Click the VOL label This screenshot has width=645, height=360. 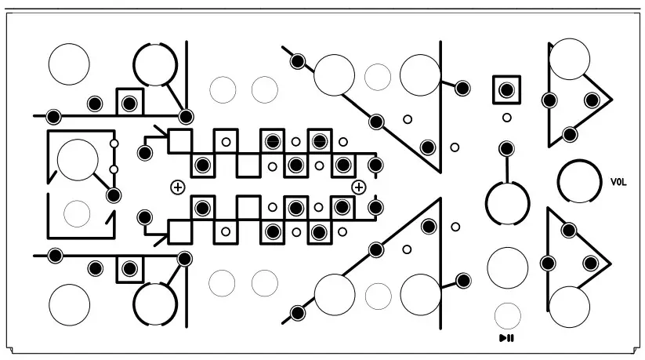pos(619,182)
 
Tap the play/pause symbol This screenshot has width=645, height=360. pos(507,338)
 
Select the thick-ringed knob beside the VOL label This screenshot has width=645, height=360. pos(578,181)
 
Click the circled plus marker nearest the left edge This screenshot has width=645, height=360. pos(178,187)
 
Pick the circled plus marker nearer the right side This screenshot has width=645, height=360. pos(359,187)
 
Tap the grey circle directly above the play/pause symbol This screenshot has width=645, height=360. pos(507,315)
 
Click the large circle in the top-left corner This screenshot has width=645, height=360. pos(69,64)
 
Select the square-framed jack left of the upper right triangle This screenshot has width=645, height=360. pos(507,89)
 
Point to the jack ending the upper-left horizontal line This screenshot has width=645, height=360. pos(53,117)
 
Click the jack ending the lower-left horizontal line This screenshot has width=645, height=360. pos(56,256)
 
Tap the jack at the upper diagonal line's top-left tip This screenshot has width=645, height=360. pos(297,60)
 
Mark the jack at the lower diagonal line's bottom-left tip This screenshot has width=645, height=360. pos(297,314)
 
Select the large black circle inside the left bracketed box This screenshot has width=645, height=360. pos(78,159)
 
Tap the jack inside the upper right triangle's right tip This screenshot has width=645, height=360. pos(592,100)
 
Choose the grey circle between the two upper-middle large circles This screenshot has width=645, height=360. pos(378,76)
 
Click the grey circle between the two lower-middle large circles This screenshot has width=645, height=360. pos(378,296)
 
